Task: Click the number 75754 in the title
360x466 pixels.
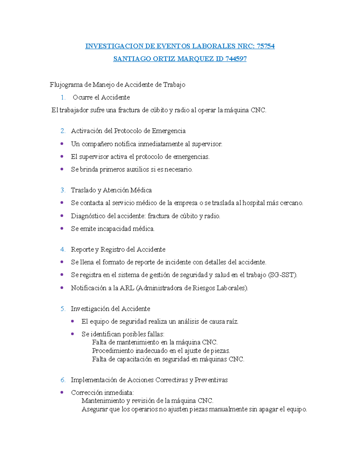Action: tap(265, 46)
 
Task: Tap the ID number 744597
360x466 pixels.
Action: tap(235, 59)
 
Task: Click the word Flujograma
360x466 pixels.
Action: tap(66, 85)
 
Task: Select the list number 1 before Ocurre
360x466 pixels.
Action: tap(63, 98)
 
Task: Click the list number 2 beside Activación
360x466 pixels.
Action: tap(63, 131)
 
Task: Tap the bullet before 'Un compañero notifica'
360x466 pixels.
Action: tap(62, 144)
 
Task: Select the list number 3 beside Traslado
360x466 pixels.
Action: tap(63, 190)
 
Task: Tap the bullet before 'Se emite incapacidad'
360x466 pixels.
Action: tap(62, 228)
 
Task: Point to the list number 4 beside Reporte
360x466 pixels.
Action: tap(63, 250)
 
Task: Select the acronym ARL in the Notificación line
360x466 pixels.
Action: tap(127, 288)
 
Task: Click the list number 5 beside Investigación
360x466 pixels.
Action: tap(63, 309)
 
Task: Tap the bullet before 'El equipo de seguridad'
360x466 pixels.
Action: tap(72, 321)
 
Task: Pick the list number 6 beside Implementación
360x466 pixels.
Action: tap(63, 380)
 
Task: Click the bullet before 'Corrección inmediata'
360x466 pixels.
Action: tap(62, 392)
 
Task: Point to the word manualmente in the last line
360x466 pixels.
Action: tap(228, 409)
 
